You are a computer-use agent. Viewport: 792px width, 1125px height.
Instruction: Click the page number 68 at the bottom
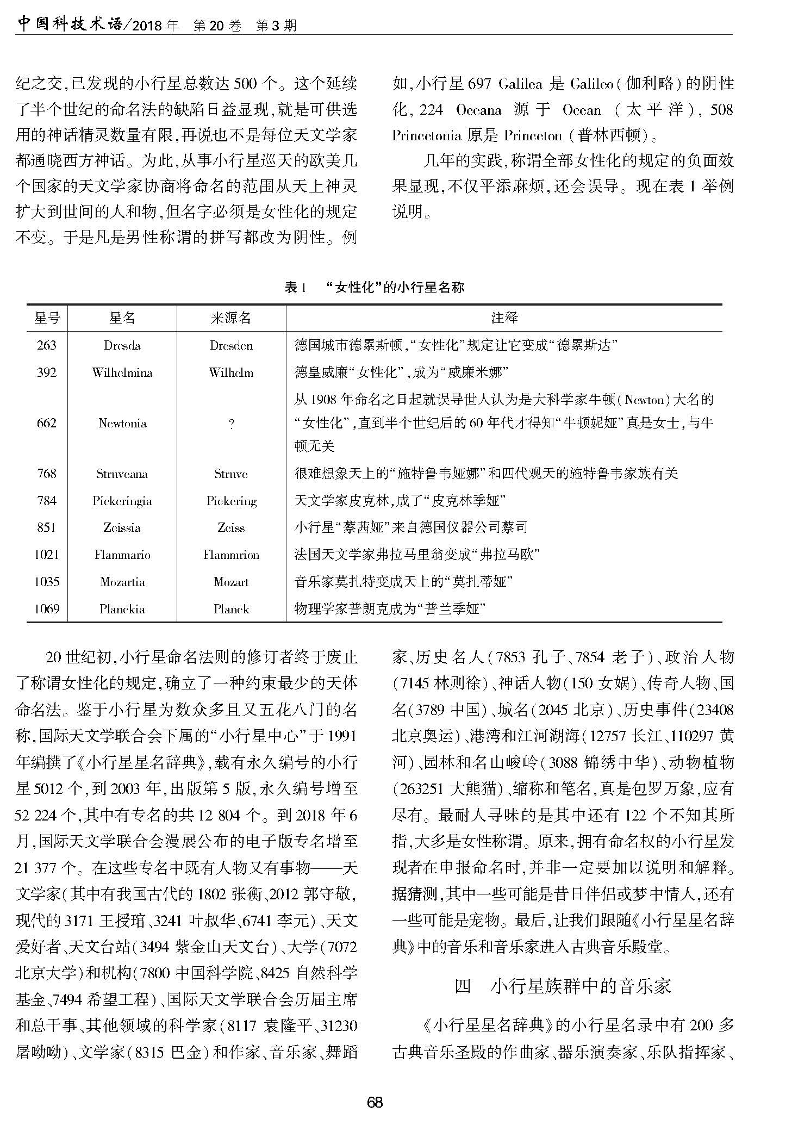tap(375, 1102)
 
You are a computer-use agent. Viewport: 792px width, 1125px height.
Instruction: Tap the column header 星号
tap(47, 318)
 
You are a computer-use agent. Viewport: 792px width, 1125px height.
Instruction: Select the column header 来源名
tap(231, 318)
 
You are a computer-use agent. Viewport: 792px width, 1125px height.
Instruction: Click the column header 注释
tap(504, 318)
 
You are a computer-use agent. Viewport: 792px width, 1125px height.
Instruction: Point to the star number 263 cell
tap(47, 345)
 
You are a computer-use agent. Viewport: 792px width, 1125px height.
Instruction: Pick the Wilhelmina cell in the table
tap(122, 372)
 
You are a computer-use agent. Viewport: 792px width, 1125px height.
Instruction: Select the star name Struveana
tap(122, 474)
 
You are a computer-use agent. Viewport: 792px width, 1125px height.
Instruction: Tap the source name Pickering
tap(232, 501)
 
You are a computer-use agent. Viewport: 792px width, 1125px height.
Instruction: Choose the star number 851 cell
tap(47, 527)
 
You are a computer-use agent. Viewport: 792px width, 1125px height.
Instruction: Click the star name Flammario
tap(122, 555)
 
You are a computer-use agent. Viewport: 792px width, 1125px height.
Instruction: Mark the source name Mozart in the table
tap(232, 582)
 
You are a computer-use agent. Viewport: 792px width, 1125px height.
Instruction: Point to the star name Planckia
tap(122, 609)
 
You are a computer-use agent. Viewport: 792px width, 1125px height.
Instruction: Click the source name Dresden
tap(232, 345)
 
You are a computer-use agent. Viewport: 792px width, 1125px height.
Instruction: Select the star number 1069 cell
tap(47, 609)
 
